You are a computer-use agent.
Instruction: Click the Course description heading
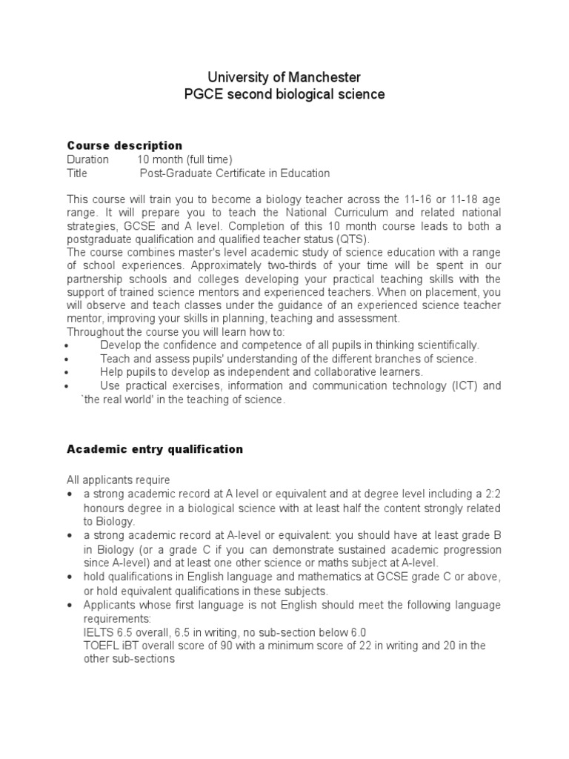click(x=124, y=145)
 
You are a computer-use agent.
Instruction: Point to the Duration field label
click(x=87, y=159)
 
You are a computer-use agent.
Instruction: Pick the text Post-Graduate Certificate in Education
click(x=235, y=173)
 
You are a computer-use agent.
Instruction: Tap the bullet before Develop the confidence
click(x=69, y=346)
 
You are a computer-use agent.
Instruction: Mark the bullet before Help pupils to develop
click(x=69, y=373)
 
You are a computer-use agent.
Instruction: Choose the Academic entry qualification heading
click(x=155, y=449)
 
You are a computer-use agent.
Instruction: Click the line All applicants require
click(x=119, y=480)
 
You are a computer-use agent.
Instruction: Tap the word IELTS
click(x=98, y=632)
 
